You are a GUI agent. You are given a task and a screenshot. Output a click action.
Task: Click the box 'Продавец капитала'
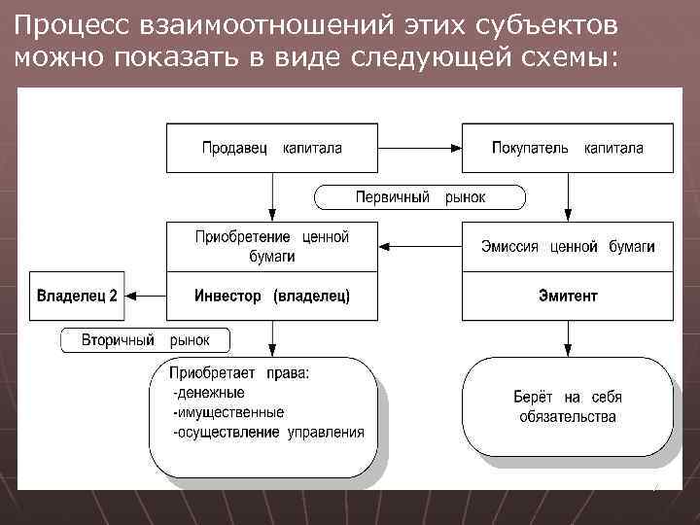(271, 148)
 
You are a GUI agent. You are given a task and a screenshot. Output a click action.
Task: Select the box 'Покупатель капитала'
(567, 148)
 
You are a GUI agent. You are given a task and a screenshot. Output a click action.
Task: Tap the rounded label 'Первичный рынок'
(420, 197)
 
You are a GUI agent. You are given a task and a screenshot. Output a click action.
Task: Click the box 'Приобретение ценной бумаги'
(271, 246)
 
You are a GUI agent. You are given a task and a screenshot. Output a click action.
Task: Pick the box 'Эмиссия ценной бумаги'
(567, 246)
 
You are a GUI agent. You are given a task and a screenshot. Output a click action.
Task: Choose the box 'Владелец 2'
(77, 295)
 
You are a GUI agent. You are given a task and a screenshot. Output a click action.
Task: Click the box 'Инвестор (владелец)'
(271, 295)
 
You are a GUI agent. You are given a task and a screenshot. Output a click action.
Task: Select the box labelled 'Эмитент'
(567, 295)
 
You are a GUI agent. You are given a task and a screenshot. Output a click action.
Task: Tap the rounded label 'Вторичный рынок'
(147, 341)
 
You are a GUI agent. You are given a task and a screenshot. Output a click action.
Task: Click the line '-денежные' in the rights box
(208, 393)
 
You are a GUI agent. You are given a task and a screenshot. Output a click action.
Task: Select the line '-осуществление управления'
(267, 432)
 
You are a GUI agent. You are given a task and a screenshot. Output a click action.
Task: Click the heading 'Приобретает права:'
(239, 372)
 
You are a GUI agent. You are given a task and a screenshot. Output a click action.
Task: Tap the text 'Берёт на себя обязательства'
(567, 406)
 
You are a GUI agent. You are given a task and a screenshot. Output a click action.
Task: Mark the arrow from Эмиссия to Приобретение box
(418, 247)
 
